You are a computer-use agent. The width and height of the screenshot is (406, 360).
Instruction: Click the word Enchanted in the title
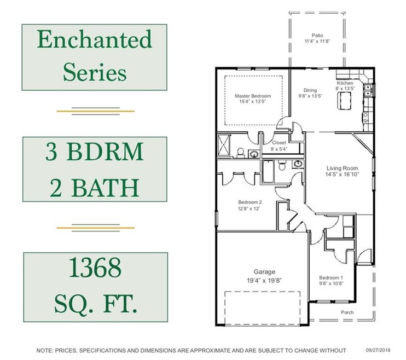tap(95, 40)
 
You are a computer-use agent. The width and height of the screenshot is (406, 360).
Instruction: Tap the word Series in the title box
tap(95, 72)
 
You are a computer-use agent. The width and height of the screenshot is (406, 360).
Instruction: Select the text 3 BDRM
tap(95, 152)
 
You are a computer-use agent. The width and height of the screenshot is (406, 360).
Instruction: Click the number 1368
tap(95, 269)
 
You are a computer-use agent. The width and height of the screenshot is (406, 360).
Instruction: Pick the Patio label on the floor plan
tap(317, 34)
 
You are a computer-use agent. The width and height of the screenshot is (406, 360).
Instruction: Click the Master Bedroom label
tap(253, 96)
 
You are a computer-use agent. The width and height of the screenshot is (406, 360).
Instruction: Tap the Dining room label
tap(310, 90)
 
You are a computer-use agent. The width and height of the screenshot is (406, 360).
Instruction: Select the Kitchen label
tap(345, 83)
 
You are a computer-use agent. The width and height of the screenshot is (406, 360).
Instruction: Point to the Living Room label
tap(342, 169)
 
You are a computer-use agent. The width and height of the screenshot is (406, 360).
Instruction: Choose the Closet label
tap(279, 143)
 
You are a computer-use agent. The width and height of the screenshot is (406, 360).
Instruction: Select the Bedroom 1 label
tap(330, 277)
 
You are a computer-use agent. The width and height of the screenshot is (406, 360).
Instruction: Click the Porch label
tap(347, 312)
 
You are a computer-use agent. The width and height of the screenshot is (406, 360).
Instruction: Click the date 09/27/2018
tap(379, 350)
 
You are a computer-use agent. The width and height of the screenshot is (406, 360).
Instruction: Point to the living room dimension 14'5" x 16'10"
tap(342, 175)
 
